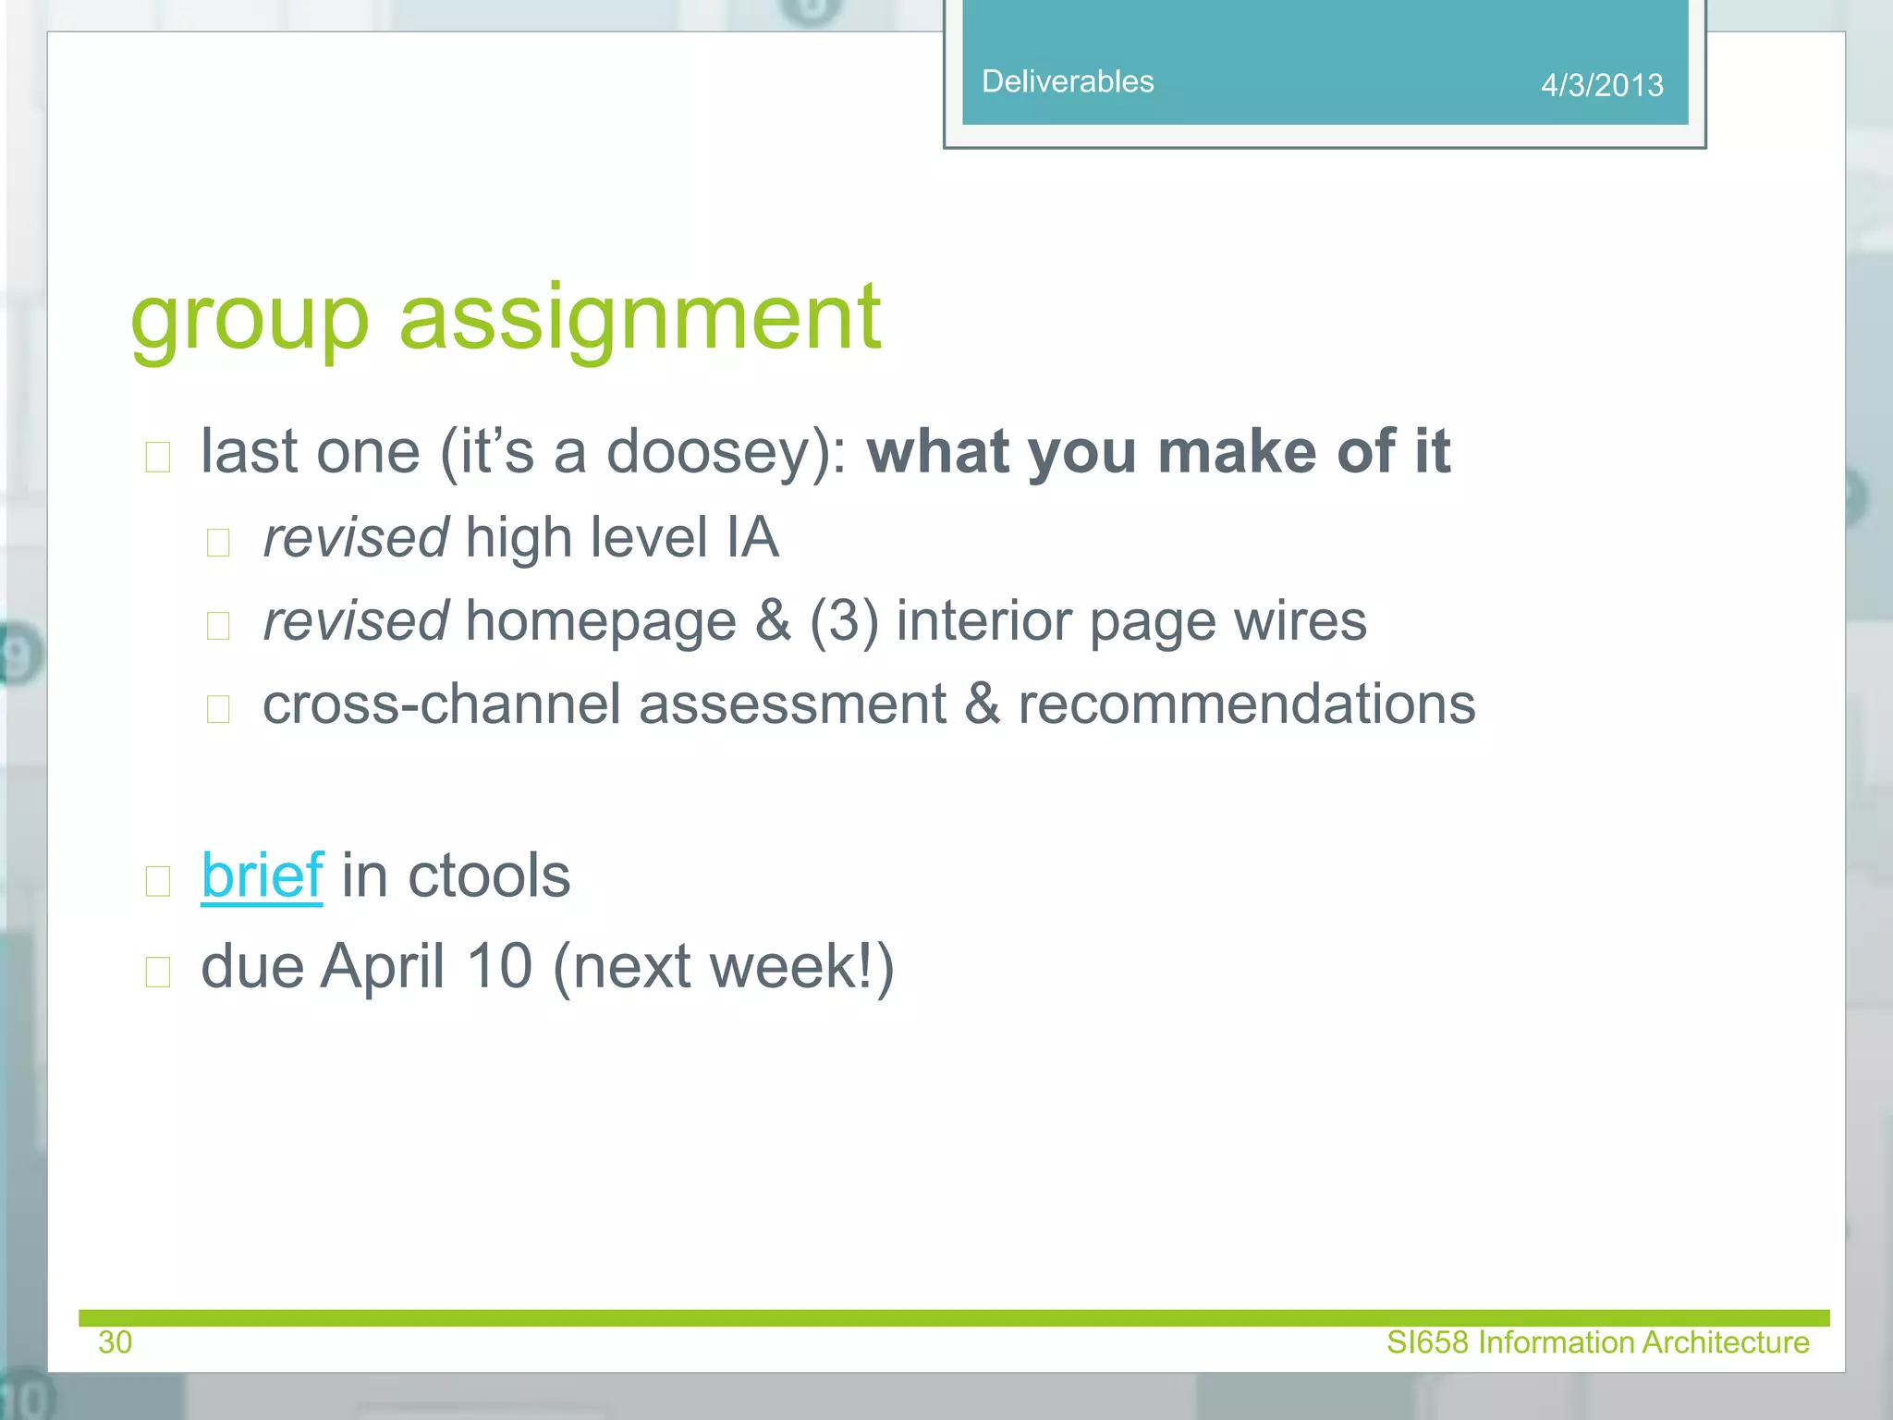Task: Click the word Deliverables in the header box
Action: (1067, 81)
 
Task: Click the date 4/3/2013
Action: (1601, 85)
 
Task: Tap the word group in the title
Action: (250, 319)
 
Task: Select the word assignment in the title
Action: (640, 319)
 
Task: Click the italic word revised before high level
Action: (356, 538)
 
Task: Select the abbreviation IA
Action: (751, 538)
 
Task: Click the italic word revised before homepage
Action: (356, 621)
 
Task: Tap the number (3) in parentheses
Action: (843, 621)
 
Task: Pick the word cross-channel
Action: (441, 704)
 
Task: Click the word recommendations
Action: (1246, 704)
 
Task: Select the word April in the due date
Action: (383, 967)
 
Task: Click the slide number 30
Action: (116, 1342)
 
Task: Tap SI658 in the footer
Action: (1427, 1342)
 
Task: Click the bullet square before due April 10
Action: (158, 972)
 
